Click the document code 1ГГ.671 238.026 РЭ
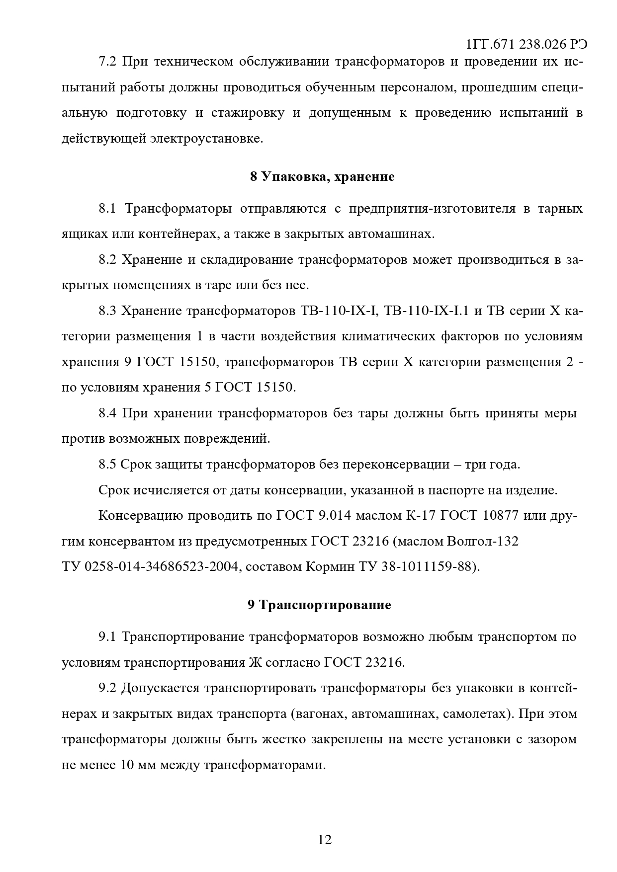527,45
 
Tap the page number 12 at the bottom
324,840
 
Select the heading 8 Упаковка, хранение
322,177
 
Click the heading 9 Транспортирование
319,605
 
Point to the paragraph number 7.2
107,62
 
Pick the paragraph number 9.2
107,688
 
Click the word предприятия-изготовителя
432,208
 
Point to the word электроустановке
206,139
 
